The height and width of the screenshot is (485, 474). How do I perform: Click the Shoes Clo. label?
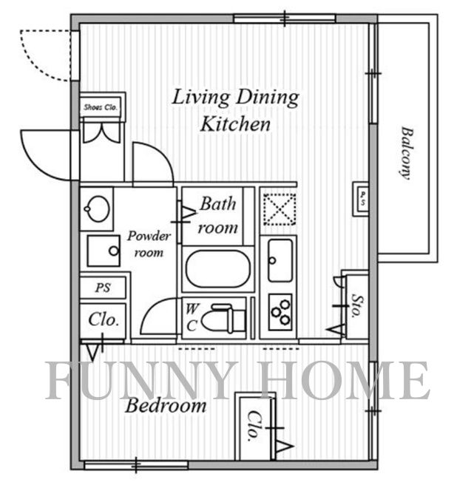(101, 107)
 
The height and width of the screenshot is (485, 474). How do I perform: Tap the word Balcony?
(407, 153)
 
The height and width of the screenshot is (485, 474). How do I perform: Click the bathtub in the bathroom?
(218, 269)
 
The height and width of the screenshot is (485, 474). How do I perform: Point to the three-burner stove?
(281, 312)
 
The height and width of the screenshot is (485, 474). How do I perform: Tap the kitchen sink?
(280, 260)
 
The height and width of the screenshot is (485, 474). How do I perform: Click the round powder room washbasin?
(97, 208)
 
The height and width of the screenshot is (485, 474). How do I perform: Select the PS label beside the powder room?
(103, 288)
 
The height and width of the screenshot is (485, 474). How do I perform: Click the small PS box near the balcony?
(361, 198)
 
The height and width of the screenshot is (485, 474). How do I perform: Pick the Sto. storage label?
(357, 306)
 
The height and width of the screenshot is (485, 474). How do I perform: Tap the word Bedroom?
(166, 405)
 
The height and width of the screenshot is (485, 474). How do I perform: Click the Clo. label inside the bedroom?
(254, 427)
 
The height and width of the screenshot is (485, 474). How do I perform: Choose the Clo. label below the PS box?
(104, 319)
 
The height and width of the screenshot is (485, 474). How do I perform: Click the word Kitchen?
(235, 123)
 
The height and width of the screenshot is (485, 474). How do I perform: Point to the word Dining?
(268, 98)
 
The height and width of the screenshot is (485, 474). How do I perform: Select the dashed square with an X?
(280, 209)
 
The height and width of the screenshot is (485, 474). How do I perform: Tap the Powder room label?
(149, 245)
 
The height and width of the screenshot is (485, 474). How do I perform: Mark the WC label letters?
(192, 317)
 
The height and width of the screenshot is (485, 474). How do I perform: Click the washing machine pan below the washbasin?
(104, 251)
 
